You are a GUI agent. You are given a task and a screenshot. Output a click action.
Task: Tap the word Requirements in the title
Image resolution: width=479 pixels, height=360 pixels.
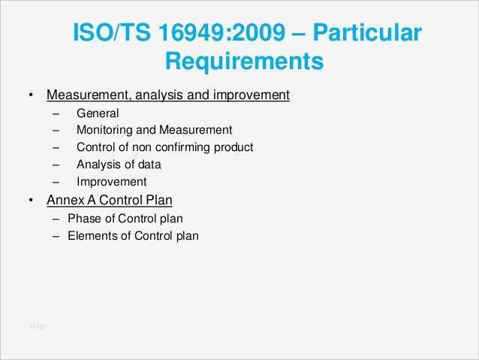[x=244, y=60]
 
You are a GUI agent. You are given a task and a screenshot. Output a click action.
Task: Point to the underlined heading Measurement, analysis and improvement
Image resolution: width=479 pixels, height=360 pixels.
[x=168, y=95]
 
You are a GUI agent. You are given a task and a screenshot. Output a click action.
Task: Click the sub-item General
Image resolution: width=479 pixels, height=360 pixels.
[x=98, y=113]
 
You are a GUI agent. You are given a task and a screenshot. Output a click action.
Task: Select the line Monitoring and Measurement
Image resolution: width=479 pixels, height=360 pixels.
[x=154, y=129]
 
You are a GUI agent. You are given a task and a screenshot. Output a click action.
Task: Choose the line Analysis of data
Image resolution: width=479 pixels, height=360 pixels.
[x=119, y=164]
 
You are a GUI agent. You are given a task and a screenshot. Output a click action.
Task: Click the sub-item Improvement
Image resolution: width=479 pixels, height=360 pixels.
[x=111, y=181]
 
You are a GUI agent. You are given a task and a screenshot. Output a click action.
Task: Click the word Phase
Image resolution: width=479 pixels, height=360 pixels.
[x=84, y=219]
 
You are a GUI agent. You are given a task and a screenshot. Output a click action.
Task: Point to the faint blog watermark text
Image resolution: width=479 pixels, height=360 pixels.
[x=37, y=325]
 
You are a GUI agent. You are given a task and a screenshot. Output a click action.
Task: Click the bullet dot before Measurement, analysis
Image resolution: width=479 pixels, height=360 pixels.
[x=30, y=96]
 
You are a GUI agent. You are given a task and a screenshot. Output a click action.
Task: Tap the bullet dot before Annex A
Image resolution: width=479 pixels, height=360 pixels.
[x=30, y=201]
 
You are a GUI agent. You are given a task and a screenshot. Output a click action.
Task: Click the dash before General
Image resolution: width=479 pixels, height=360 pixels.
[x=56, y=113]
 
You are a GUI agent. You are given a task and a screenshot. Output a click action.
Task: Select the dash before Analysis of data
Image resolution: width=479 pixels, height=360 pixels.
[x=56, y=165]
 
